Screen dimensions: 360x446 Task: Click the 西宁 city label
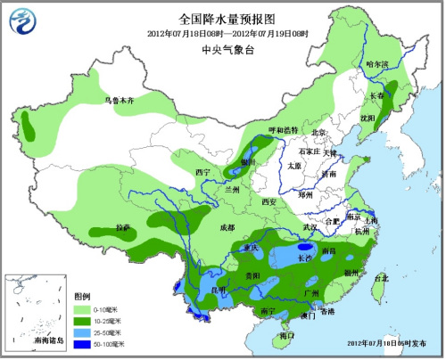(202, 171)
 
